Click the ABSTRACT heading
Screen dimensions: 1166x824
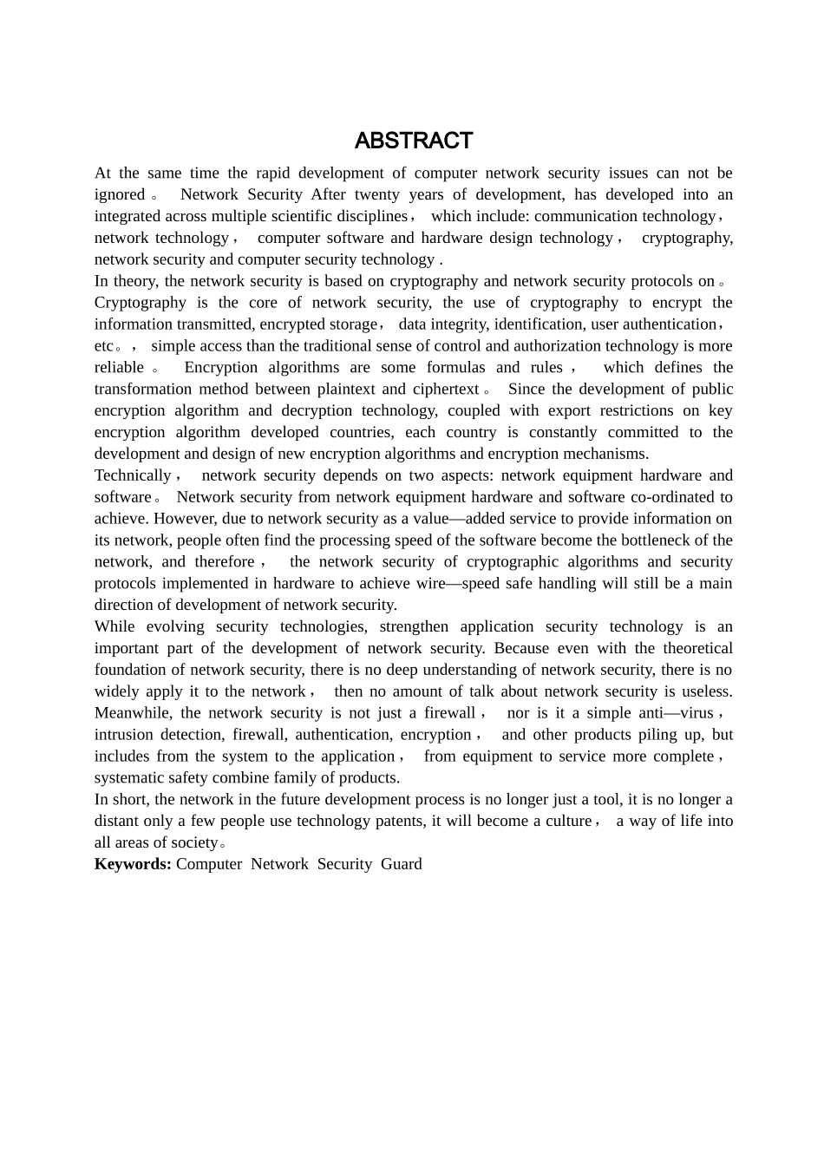413,141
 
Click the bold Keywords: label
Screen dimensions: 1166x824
133,864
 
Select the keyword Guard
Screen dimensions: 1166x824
401,864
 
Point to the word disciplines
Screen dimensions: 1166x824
362,216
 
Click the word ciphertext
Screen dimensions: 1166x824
445,389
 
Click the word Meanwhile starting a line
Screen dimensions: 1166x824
134,713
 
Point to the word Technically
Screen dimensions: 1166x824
133,475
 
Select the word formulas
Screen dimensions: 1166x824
455,367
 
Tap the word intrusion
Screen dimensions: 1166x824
123,735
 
